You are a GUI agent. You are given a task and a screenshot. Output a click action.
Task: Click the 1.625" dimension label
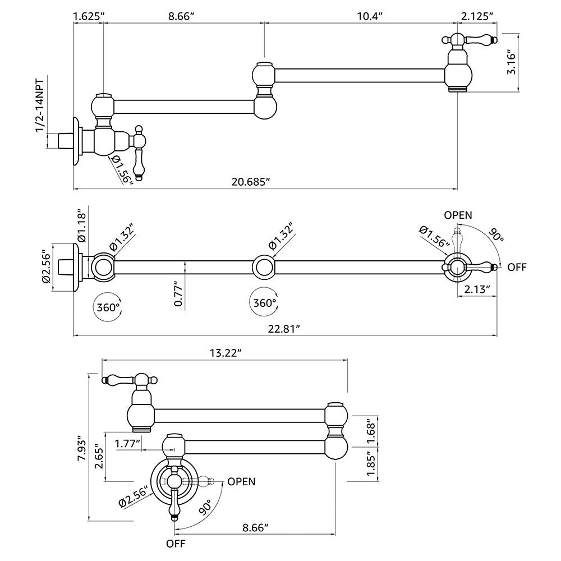88,16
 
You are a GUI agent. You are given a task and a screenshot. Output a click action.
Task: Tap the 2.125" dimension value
477,16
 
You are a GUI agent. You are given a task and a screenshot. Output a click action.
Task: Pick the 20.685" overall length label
252,181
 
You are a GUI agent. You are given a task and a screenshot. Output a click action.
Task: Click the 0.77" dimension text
178,293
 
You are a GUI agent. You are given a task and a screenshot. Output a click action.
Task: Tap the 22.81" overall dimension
284,329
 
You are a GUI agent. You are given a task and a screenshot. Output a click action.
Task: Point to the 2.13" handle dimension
478,289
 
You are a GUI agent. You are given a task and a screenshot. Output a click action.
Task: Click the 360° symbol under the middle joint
264,302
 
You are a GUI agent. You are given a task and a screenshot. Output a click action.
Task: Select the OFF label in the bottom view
176,543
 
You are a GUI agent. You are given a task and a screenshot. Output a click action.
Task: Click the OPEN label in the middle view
458,215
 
